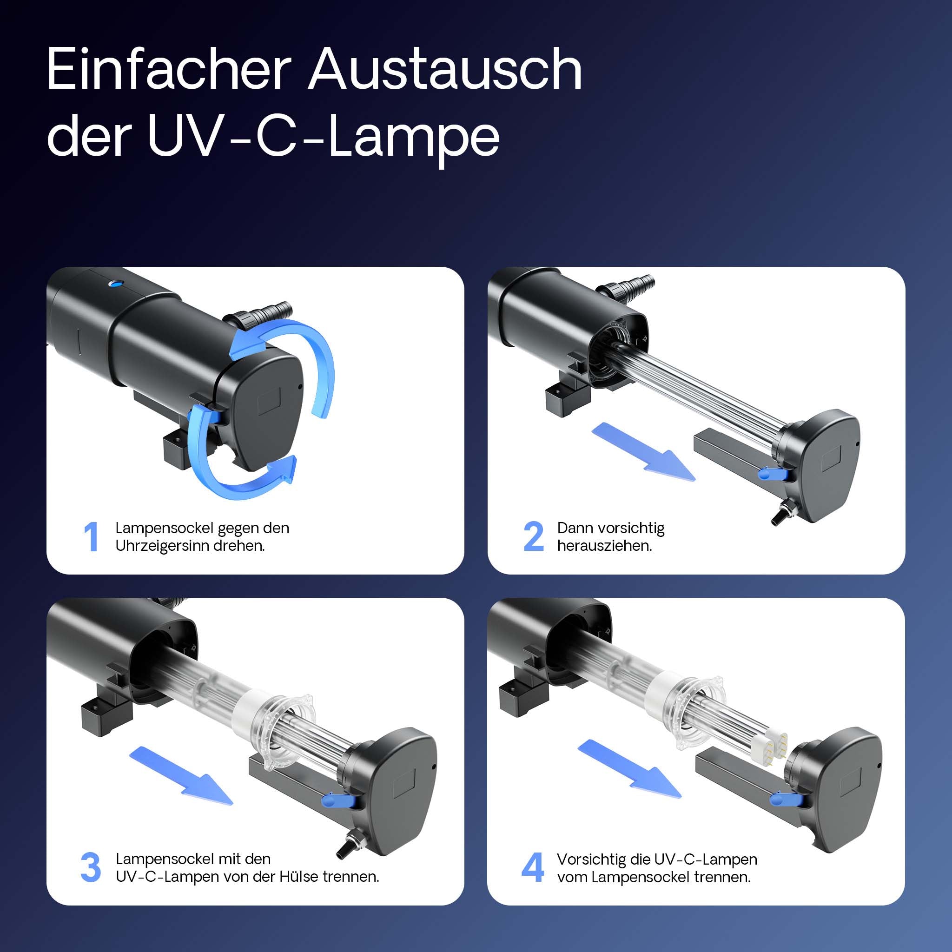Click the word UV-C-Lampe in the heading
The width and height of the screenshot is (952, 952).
[323, 137]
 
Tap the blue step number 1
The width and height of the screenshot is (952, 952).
[91, 536]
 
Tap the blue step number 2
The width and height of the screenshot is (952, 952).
[533, 536]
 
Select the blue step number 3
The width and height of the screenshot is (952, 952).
[91, 868]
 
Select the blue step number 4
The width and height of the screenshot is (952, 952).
[533, 868]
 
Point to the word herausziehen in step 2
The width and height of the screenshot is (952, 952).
[605, 546]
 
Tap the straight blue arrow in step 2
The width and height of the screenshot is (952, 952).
[643, 452]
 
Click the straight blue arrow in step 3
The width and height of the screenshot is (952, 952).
[181, 776]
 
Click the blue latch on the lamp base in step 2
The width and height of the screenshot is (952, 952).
[771, 474]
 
